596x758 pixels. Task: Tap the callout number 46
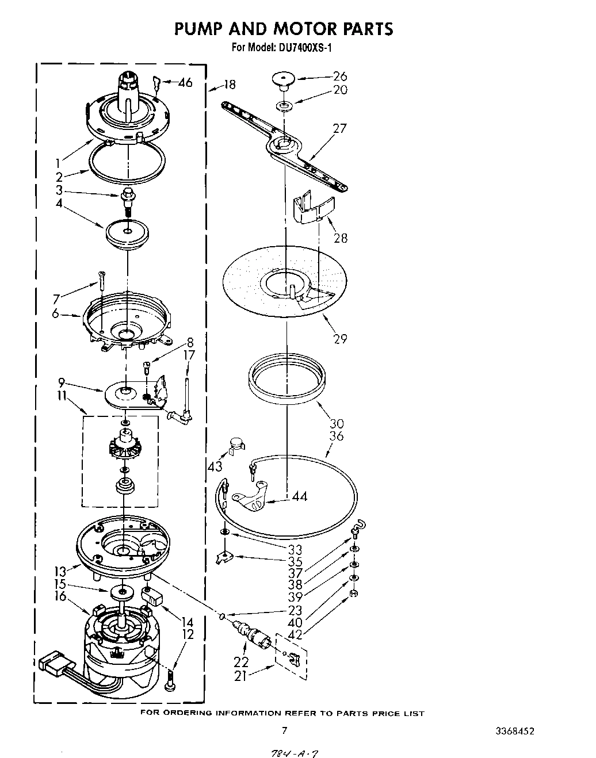tap(185, 83)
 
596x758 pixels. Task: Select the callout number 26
tap(340, 76)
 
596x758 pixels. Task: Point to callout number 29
tap(340, 338)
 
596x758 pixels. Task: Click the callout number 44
tap(299, 496)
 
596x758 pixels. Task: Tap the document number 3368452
tap(514, 732)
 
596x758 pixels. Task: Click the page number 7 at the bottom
tap(284, 731)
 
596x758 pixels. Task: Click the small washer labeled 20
tap(284, 106)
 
